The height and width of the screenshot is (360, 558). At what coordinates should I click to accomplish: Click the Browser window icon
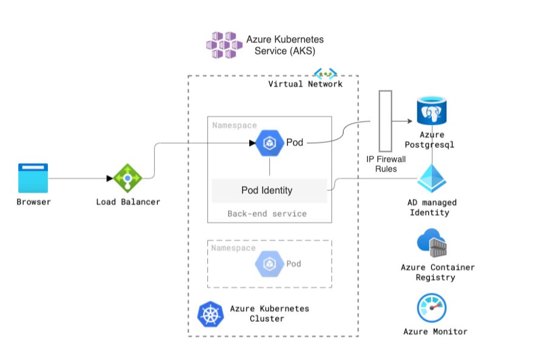click(33, 178)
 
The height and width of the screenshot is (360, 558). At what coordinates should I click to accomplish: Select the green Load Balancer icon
click(128, 178)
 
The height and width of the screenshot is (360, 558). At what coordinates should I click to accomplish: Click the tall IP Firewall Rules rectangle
click(385, 121)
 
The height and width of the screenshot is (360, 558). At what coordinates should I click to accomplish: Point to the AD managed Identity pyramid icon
click(432, 180)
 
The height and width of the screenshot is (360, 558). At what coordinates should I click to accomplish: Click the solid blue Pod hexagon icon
click(269, 143)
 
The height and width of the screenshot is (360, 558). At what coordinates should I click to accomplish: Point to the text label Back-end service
click(267, 214)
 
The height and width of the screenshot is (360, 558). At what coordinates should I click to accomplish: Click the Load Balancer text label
click(128, 202)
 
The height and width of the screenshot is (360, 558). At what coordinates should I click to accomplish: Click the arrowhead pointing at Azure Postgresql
click(411, 121)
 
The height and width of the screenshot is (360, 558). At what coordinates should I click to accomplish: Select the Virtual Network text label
click(305, 84)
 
